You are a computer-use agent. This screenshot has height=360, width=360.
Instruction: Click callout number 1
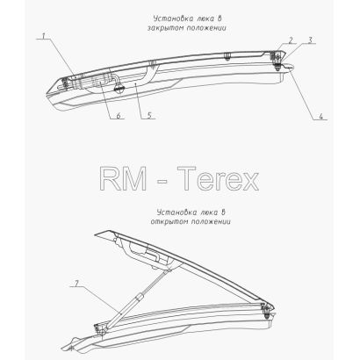43,36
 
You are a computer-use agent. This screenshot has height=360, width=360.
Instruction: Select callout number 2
291,40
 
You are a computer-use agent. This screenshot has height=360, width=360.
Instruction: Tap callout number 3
310,40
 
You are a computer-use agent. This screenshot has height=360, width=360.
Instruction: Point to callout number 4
320,116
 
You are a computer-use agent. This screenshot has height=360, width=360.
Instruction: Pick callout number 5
149,116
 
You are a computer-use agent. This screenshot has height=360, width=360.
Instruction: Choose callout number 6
119,115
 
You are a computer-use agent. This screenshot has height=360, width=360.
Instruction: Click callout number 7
76,283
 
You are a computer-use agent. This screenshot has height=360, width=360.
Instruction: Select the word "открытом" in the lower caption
169,221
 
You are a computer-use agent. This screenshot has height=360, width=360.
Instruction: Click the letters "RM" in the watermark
123,178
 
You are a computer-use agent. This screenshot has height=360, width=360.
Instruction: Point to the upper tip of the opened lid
96,234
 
